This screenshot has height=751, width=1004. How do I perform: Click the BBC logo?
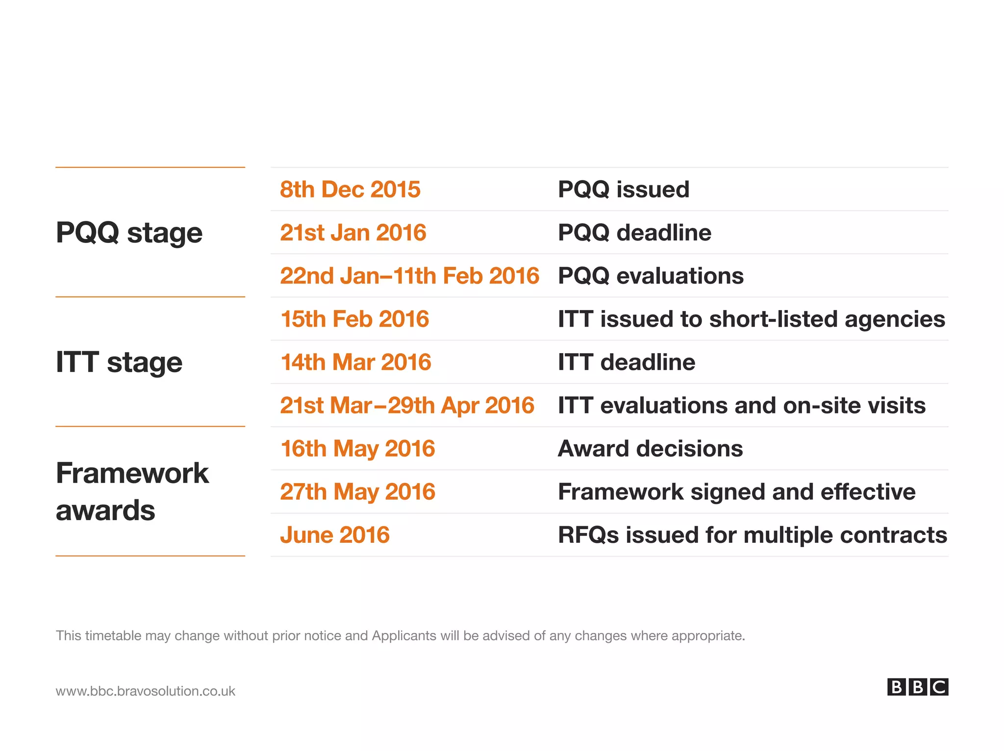tap(917, 687)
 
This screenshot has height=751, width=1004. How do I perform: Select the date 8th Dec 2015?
tap(350, 190)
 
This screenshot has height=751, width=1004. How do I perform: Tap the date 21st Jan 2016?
tap(353, 233)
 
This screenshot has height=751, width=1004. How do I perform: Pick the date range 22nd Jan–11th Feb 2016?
tap(409, 276)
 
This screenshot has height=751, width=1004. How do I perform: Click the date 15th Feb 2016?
tap(354, 319)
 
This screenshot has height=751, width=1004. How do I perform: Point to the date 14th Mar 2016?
tap(355, 363)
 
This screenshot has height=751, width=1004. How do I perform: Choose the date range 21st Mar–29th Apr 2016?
tap(407, 406)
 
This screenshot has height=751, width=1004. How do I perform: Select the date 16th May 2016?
tap(357, 449)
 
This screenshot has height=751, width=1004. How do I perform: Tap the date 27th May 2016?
tap(357, 492)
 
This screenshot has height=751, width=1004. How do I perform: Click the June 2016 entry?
tap(335, 535)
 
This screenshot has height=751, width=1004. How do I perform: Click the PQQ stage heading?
tap(129, 233)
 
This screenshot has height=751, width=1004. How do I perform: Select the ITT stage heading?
tap(119, 363)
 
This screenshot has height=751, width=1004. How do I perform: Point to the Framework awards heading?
tap(132, 491)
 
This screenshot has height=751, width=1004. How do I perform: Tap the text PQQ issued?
tap(624, 190)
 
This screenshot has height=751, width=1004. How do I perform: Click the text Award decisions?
tap(650, 449)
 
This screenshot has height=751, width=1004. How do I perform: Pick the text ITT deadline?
tap(627, 363)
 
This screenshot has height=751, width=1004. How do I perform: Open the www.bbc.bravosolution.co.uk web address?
tap(146, 691)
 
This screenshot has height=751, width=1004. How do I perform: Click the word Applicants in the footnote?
tap(404, 636)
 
